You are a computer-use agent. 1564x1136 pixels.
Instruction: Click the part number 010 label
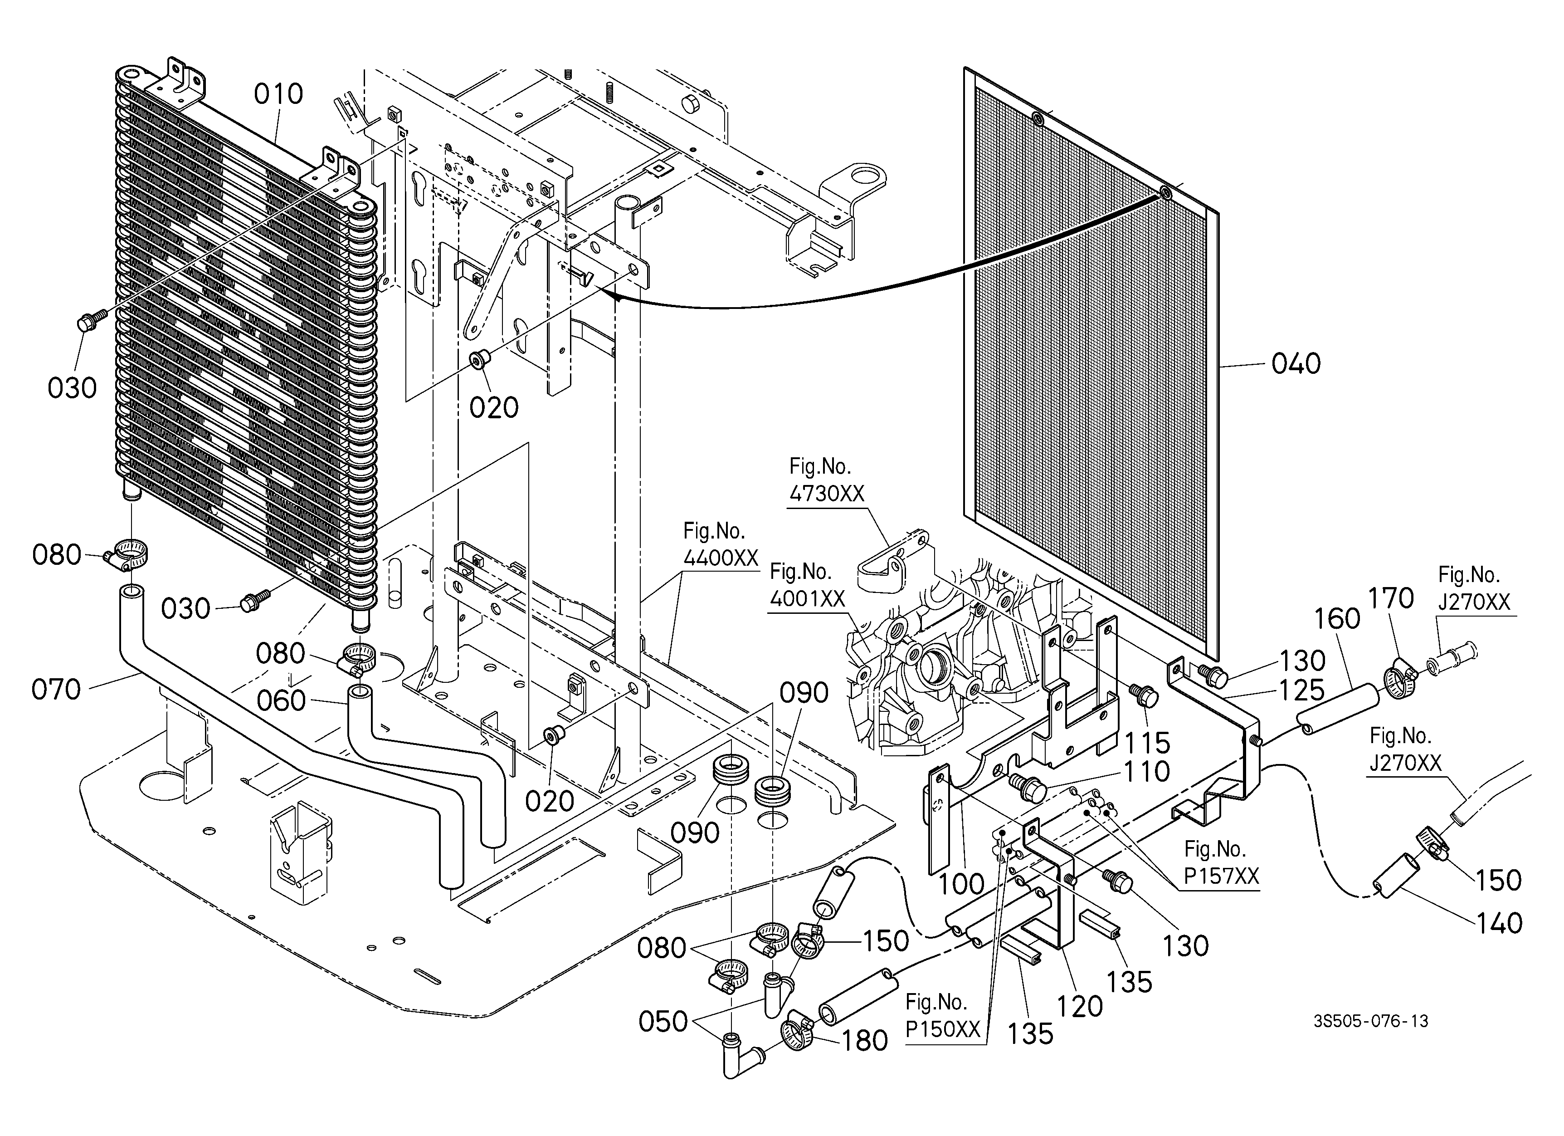[x=278, y=94]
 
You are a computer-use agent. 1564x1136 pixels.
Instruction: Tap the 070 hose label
[x=57, y=689]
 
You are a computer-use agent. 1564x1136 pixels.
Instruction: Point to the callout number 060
[x=281, y=701]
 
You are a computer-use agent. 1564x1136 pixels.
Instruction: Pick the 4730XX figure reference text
[x=827, y=494]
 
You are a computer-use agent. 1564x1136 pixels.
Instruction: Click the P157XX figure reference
[x=1221, y=876]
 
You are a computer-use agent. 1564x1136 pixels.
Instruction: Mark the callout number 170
[x=1391, y=598]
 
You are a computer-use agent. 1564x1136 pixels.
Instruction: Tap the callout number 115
[x=1147, y=743]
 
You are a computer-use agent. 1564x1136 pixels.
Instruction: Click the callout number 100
[x=962, y=884]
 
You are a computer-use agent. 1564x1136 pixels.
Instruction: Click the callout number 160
[x=1337, y=619]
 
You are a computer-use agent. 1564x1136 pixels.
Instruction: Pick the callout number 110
[x=1147, y=771]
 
